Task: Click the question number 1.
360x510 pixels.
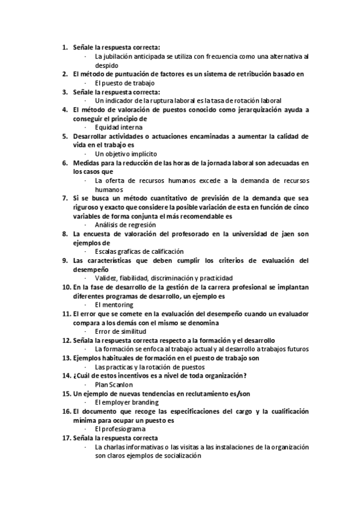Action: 65,47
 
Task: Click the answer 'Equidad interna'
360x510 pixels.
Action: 118,127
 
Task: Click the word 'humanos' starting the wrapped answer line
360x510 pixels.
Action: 108,189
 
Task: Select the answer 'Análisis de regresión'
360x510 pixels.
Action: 127,225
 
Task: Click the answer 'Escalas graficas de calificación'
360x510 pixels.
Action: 139,251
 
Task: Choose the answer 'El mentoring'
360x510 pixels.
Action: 114,305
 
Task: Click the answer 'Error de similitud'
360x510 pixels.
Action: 120,331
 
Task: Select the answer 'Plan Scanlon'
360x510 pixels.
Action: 114,384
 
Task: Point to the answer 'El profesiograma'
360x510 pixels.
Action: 120,429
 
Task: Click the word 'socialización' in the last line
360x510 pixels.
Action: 182,456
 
